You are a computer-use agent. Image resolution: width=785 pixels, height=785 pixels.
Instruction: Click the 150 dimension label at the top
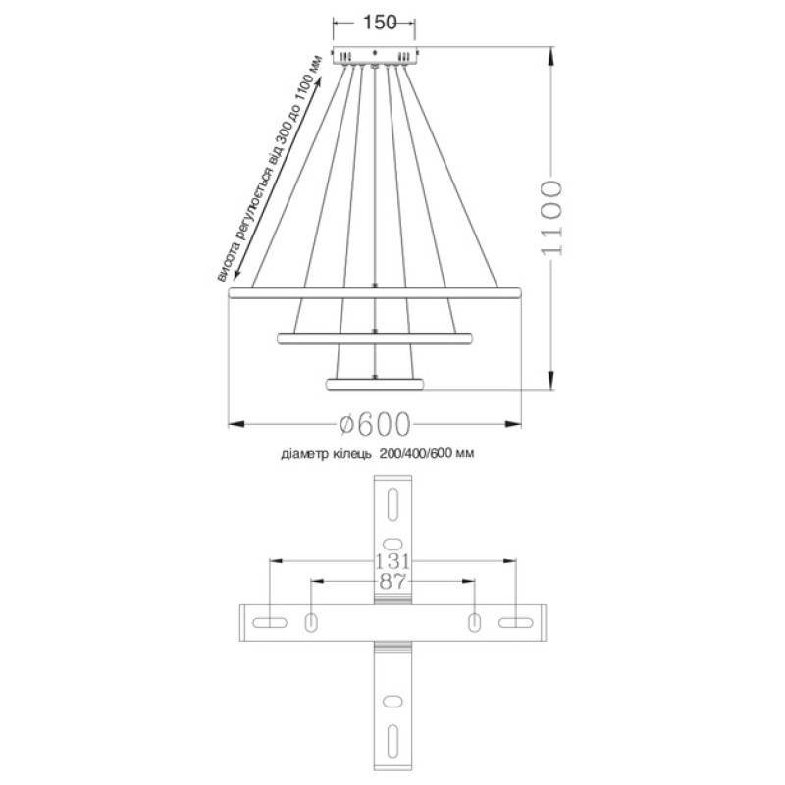[x=373, y=22]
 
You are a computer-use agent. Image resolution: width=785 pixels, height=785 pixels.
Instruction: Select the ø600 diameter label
[x=374, y=424]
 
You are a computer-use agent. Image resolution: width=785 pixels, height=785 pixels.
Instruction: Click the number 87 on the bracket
[x=392, y=582]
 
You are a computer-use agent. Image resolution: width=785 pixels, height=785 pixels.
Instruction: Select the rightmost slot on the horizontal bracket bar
[x=515, y=622]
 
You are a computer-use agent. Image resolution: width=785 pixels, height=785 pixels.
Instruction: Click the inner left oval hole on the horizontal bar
[x=311, y=622]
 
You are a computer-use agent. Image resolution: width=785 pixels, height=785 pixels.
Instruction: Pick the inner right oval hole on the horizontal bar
[x=474, y=622]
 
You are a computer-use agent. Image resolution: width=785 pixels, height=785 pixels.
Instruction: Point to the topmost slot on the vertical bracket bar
[x=392, y=504]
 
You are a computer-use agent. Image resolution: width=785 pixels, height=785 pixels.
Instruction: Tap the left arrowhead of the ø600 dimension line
[x=234, y=424]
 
